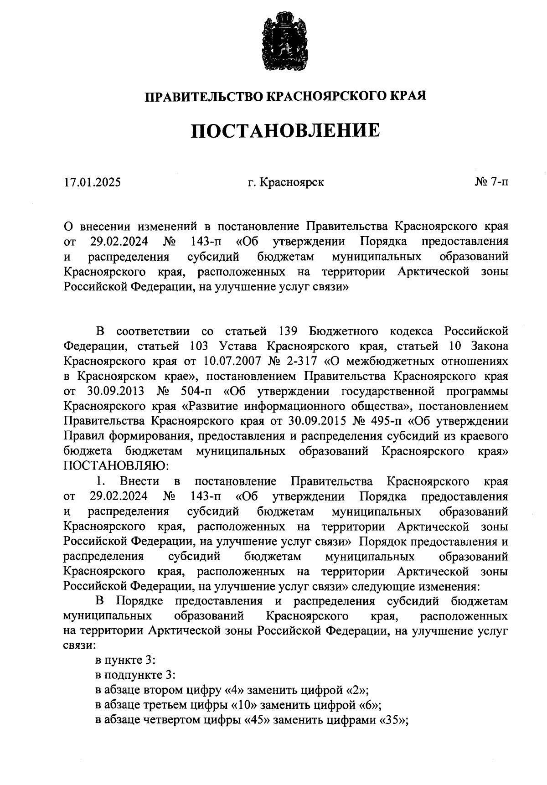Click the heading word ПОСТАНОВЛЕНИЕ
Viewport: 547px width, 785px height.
[285, 131]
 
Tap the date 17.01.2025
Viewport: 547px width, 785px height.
[93, 182]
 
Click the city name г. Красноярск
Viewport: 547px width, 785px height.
[286, 182]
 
